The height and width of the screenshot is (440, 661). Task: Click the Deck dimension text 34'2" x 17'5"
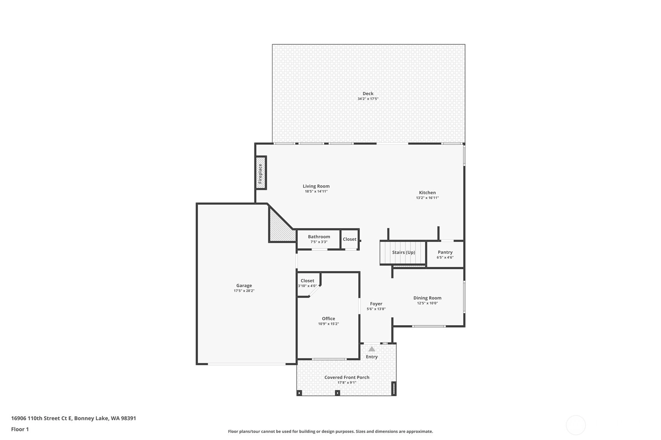368,99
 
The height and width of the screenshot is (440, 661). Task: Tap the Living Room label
316,186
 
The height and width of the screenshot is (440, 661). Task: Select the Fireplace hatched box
261,173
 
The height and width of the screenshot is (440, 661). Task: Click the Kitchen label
427,193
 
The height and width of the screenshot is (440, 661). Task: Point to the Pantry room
445,254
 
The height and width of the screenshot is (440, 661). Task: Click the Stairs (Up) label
404,252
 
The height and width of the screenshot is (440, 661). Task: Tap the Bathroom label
319,237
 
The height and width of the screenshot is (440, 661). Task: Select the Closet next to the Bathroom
350,239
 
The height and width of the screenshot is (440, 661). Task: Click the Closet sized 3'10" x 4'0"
308,284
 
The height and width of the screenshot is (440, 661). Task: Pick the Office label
328,318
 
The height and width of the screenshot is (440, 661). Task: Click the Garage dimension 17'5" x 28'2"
244,291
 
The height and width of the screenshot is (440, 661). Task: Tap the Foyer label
376,303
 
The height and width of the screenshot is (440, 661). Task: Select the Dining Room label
427,298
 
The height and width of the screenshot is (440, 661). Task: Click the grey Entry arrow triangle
372,349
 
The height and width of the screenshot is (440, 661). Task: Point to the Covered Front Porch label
347,377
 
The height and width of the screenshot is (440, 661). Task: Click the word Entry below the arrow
372,357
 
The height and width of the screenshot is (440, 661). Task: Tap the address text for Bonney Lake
74,418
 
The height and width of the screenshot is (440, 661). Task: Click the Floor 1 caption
20,429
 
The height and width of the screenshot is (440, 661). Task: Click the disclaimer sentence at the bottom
330,431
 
